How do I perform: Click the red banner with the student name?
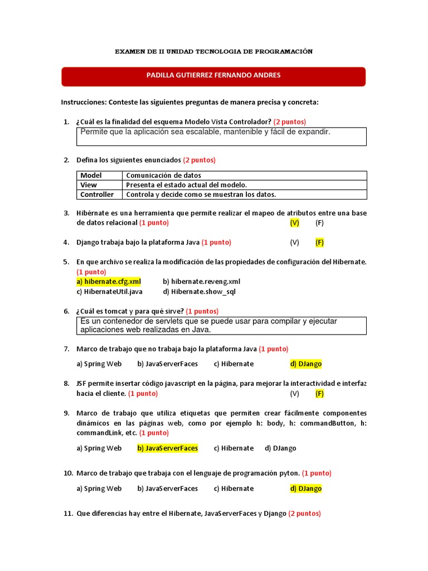(213, 76)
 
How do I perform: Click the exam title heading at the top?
(213, 51)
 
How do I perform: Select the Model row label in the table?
(91, 176)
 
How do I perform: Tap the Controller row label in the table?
(97, 195)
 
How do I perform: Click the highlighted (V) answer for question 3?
(294, 222)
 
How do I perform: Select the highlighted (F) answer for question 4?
(319, 243)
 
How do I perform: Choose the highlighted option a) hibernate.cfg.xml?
(109, 282)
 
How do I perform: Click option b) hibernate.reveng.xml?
(201, 282)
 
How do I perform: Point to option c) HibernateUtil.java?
(109, 291)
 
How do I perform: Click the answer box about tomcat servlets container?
(221, 325)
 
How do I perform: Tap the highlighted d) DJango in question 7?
(305, 364)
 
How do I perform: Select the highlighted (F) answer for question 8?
(319, 393)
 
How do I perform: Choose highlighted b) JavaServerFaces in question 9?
(167, 448)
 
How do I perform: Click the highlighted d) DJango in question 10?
(305, 488)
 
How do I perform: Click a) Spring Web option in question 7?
(99, 364)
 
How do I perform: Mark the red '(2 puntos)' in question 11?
(304, 514)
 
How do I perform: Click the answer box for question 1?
(221, 136)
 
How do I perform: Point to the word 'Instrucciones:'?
(84, 103)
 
